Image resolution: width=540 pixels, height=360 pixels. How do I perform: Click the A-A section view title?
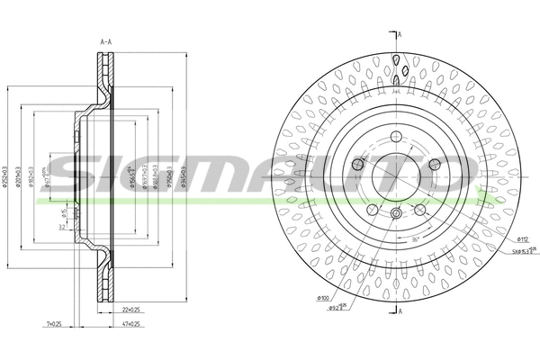click(x=106, y=40)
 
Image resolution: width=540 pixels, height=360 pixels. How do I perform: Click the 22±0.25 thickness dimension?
click(x=130, y=309)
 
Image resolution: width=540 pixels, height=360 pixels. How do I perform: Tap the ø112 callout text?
click(x=522, y=238)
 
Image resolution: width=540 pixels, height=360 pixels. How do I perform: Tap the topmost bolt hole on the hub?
click(x=395, y=137)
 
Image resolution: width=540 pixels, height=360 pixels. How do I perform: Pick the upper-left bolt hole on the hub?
click(x=359, y=163)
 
